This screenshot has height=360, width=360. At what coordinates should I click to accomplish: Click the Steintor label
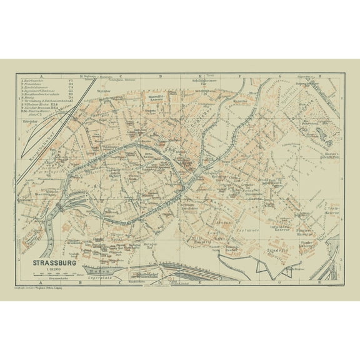pyautogui.click(x=102, y=91)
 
